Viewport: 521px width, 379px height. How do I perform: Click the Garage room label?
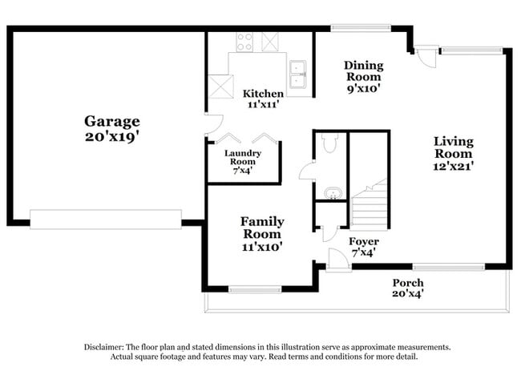tap(112, 128)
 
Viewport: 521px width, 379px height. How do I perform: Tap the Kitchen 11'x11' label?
tap(263, 99)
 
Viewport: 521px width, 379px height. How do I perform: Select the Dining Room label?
tap(363, 76)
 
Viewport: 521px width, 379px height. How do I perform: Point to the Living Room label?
tap(454, 153)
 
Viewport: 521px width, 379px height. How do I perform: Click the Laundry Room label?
tap(243, 161)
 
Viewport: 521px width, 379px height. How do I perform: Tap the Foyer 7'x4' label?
tap(363, 247)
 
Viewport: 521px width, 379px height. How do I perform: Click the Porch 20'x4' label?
tap(407, 288)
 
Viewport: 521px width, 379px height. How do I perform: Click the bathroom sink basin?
tap(331, 193)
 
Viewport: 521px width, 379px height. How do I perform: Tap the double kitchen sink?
tap(300, 73)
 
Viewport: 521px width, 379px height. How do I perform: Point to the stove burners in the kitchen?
tap(243, 41)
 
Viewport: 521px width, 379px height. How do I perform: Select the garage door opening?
tap(106, 220)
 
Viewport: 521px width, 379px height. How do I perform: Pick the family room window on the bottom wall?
tap(254, 289)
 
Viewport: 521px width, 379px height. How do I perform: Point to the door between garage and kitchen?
tap(212, 123)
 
